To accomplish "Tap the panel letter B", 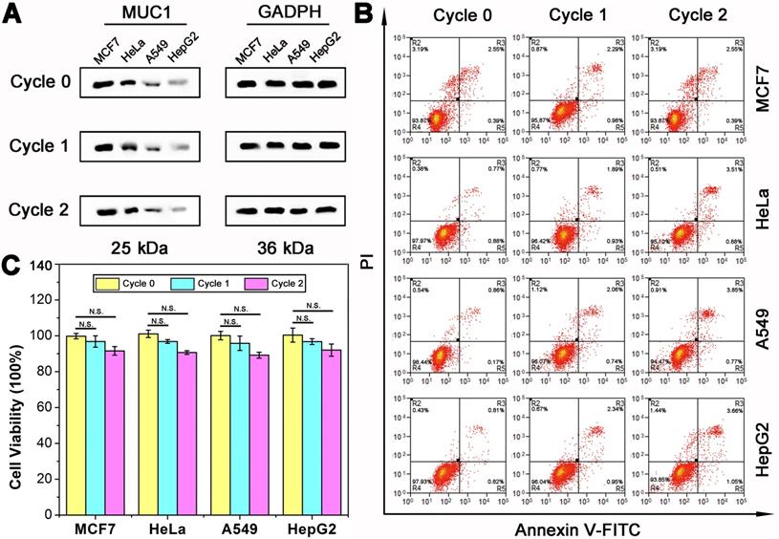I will [x=364, y=13].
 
